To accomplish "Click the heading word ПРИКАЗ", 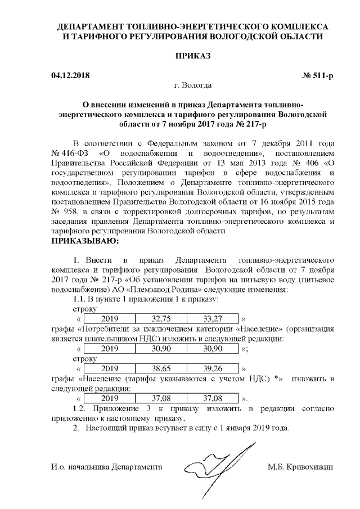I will tap(193, 56).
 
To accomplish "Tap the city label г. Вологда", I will tap(193, 85).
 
